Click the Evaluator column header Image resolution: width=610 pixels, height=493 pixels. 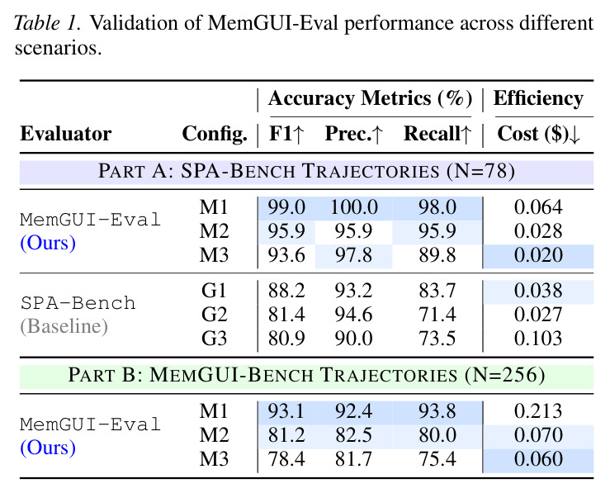pos(66,134)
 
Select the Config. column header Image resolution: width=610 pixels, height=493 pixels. pos(215,135)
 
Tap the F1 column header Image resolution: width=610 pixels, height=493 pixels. pos(286,134)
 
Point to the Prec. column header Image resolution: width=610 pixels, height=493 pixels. pos(354,134)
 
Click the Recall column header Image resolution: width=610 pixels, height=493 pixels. pos(437,134)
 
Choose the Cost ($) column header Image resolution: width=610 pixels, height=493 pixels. pos(539,135)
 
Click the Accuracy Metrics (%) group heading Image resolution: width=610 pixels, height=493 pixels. pos(370,98)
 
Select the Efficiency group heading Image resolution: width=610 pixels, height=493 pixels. pos(538,99)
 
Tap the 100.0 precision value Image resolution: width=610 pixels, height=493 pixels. pos(354,207)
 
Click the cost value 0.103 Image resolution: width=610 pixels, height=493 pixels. pos(538,338)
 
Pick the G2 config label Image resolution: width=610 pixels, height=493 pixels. pos(214,315)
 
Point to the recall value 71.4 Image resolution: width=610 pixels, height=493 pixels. pos(437,315)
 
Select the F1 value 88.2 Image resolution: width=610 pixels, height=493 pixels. pos(286,291)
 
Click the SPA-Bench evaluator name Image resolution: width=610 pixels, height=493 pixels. pos(78,303)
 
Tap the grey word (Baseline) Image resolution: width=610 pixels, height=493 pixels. pos(64,326)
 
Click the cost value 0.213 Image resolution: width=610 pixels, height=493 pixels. pos(538,411)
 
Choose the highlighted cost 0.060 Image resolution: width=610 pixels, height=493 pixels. pos(538,459)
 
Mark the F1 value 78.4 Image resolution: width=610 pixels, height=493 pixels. pos(286,459)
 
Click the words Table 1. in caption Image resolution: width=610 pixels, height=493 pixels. pos(47,23)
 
